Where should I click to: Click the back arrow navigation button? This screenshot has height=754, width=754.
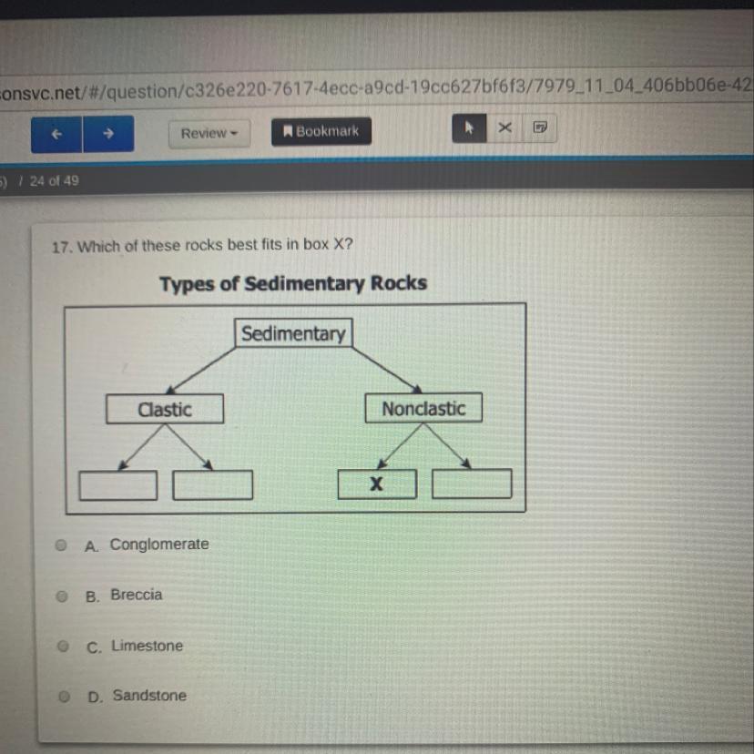[x=56, y=134]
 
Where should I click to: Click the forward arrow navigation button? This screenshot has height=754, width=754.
[x=108, y=134]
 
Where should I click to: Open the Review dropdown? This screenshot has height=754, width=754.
[x=209, y=133]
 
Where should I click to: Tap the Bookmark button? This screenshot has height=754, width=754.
[x=321, y=131]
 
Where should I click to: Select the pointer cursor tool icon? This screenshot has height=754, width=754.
[x=470, y=128]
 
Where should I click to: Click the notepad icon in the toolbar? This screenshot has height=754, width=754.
[x=539, y=127]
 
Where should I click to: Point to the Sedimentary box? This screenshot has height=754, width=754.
[x=293, y=333]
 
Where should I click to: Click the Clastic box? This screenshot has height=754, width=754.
[x=164, y=409]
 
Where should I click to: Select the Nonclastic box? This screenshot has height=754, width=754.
[x=423, y=409]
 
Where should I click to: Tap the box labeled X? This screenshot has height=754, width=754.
[x=377, y=484]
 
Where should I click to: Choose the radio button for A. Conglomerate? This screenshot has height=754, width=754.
[x=61, y=545]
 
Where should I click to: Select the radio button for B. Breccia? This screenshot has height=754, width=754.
[x=62, y=596]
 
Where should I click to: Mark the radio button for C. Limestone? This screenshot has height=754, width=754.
[x=63, y=647]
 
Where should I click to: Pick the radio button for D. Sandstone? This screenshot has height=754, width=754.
[x=64, y=697]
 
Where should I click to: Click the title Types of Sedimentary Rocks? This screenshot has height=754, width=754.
[x=293, y=283]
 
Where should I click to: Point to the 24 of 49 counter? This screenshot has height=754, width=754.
[x=54, y=180]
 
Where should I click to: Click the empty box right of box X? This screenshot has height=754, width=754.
[x=472, y=484]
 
